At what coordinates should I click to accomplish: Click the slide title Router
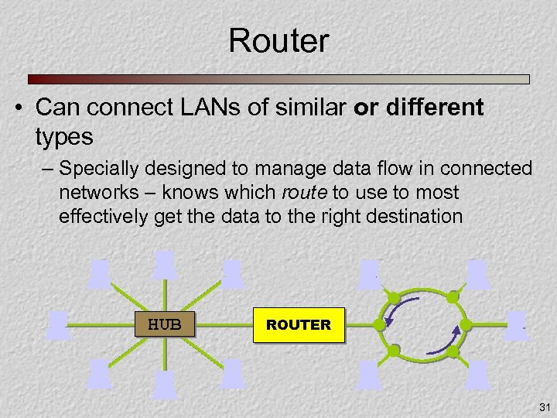coord(278,41)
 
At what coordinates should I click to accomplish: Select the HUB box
coord(165,324)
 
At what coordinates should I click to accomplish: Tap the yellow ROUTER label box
coord(299,325)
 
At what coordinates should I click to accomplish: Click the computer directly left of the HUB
coord(57,326)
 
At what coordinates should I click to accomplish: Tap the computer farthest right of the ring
coord(517,324)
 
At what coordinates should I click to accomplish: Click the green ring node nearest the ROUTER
coord(379,325)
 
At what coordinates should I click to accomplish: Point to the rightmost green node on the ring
coord(466,325)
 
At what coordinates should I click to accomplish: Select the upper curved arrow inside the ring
coord(402,310)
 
